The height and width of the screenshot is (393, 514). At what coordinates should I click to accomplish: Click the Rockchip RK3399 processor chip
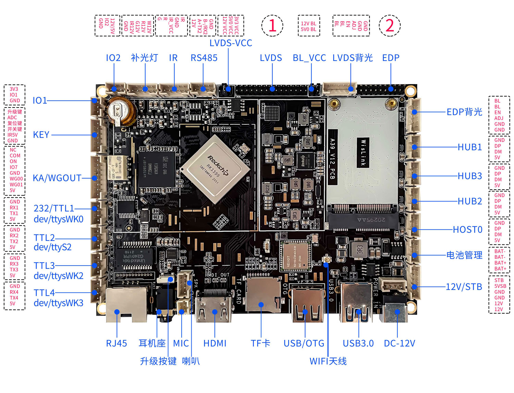(215, 169)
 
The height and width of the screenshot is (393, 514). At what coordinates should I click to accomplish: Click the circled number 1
(272, 26)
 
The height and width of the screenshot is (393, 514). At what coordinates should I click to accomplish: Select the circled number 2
(390, 26)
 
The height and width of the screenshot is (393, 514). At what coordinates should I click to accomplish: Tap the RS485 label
(204, 58)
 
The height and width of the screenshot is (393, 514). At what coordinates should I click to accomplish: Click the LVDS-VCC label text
(231, 43)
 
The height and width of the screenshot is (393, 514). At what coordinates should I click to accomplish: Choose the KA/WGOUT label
(57, 178)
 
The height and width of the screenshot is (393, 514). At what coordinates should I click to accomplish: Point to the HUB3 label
(470, 176)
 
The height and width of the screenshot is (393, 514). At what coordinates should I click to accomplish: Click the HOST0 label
(467, 229)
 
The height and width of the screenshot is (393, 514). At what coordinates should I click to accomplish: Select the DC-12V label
(399, 343)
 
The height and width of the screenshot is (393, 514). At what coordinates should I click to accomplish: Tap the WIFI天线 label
(328, 361)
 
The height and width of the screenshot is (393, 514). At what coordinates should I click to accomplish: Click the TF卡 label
(260, 343)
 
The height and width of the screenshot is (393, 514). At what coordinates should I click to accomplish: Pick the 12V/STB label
(464, 287)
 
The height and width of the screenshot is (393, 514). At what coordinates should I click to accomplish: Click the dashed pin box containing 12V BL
(309, 26)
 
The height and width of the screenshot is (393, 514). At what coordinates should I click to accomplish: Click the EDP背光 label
(464, 112)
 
